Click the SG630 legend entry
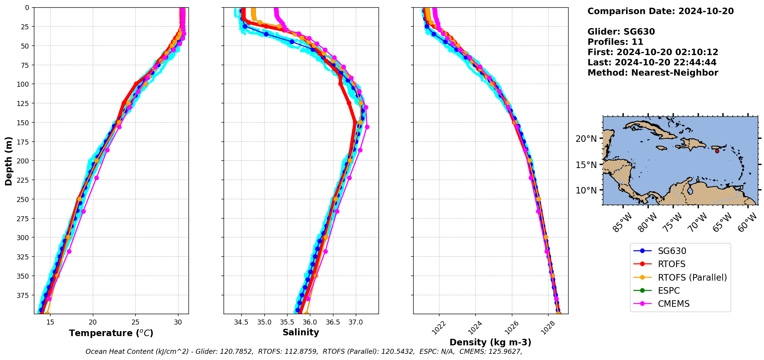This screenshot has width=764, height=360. [x=672, y=251]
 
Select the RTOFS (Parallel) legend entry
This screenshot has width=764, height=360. [x=692, y=278]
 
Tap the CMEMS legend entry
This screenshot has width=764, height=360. [x=673, y=304]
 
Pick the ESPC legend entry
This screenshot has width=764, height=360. [x=668, y=291]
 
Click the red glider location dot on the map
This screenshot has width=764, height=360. [x=717, y=151]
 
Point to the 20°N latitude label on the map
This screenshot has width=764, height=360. [x=586, y=139]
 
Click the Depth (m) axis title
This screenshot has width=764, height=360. [x=8, y=161]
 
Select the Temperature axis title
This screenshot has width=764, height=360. [x=111, y=333]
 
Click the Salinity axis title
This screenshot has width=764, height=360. [x=301, y=332]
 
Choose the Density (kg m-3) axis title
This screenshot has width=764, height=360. [x=490, y=342]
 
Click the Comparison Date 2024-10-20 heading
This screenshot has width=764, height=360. [x=660, y=11]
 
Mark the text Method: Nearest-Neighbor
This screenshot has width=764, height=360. [x=653, y=73]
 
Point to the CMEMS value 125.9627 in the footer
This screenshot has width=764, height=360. [x=505, y=352]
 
